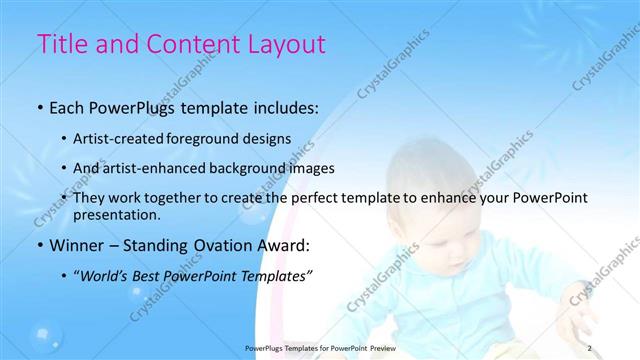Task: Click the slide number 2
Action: (x=589, y=347)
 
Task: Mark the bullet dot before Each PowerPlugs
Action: (x=39, y=106)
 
